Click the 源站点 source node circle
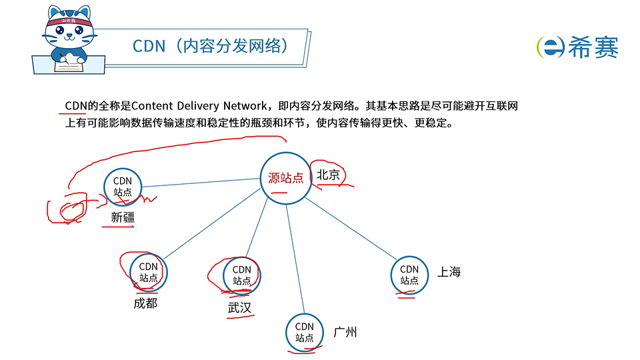pyautogui.click(x=285, y=178)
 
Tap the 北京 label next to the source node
pyautogui.click(x=328, y=175)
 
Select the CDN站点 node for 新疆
pyautogui.click(x=123, y=186)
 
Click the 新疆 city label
pyautogui.click(x=123, y=217)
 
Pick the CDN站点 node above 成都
pyautogui.click(x=149, y=272)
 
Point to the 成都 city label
pyautogui.click(x=145, y=304)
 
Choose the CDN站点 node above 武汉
pyautogui.click(x=242, y=275)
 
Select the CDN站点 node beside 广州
pyautogui.click(x=305, y=331)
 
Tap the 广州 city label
pyautogui.click(x=345, y=331)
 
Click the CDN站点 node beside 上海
pyautogui.click(x=409, y=275)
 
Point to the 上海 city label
pyautogui.click(x=449, y=272)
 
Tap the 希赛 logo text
pyautogui.click(x=593, y=47)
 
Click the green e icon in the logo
pyautogui.click(x=551, y=47)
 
